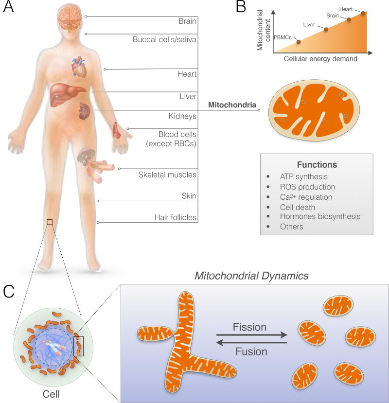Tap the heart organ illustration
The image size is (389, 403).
pyautogui.click(x=79, y=68)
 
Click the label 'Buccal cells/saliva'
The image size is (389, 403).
pyautogui.click(x=164, y=40)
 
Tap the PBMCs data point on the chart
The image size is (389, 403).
pyautogui.click(x=298, y=41)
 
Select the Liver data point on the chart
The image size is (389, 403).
pyautogui.click(x=326, y=30)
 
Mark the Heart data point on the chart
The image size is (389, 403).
pyautogui.click(x=363, y=13)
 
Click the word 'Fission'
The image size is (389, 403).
pyautogui.click(x=250, y=328)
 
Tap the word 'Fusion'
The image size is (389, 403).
pyautogui.click(x=250, y=351)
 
